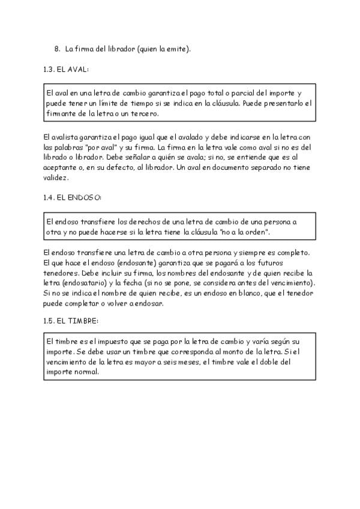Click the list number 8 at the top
56,49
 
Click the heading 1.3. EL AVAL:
66,70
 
